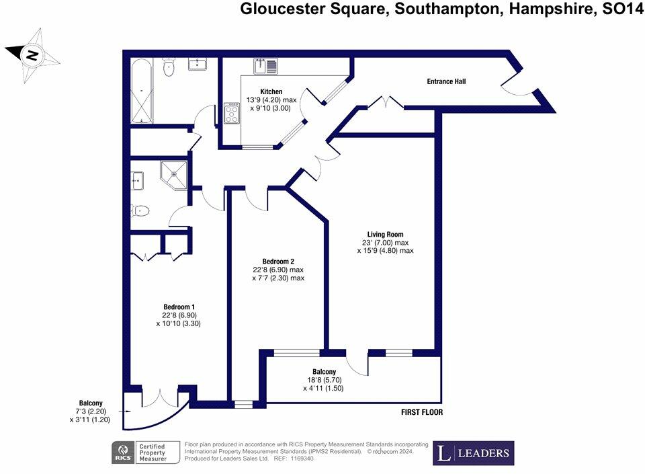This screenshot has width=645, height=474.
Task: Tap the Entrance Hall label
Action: pos(446,81)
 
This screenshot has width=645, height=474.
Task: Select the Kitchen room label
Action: pos(271,91)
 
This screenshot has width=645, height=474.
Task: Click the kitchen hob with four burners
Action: pos(232,114)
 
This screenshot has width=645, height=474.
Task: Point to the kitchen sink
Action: pos(260,66)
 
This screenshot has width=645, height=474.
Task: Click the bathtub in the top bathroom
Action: pos(141,91)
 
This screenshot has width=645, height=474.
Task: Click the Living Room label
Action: pos(385,234)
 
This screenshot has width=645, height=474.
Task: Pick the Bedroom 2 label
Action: pos(278,262)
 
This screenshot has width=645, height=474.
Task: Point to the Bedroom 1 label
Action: pos(178,307)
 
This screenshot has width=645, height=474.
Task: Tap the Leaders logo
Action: pos(473,452)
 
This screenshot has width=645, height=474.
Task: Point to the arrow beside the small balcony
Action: pos(121,411)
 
